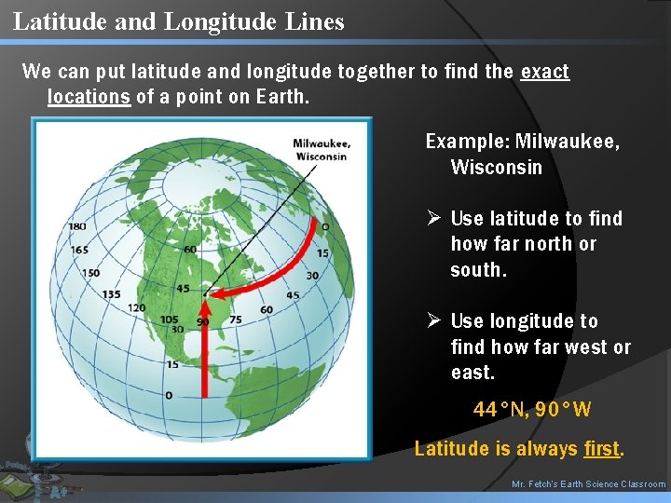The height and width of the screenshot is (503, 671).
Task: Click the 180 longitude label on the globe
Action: pyautogui.click(x=76, y=225)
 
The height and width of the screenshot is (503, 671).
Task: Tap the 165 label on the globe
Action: pyautogui.click(x=78, y=250)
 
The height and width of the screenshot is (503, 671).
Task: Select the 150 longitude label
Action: pyautogui.click(x=90, y=273)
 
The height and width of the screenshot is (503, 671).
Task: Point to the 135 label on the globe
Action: pyautogui.click(x=111, y=294)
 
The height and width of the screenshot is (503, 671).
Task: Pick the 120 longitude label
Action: pyautogui.click(x=136, y=308)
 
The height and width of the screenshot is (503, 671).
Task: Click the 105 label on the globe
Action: pyautogui.click(x=169, y=319)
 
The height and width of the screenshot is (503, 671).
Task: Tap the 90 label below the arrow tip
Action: pyautogui.click(x=202, y=322)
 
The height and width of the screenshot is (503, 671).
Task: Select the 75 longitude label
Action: pyautogui.click(x=235, y=319)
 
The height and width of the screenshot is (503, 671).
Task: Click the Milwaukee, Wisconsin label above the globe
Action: pyautogui.click(x=321, y=150)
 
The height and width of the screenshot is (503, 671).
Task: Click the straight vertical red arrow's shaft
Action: pyautogui.click(x=204, y=363)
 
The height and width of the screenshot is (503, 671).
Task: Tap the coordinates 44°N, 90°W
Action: pyautogui.click(x=532, y=409)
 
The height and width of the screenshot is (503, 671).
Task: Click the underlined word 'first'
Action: pyautogui.click(x=601, y=449)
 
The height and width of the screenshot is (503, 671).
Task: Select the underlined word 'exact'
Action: pyautogui.click(x=544, y=72)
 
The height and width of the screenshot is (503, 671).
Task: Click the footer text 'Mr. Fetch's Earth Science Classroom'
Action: pyautogui.click(x=589, y=484)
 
